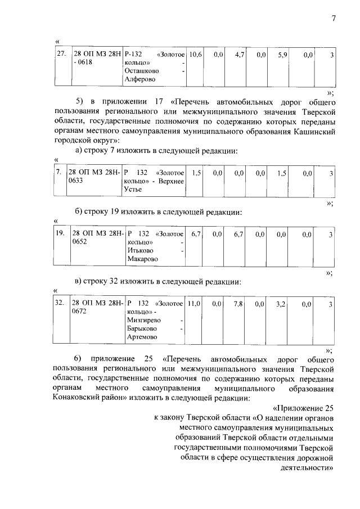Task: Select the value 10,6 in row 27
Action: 195,55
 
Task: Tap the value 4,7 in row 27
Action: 237,55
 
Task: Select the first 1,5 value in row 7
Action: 196,174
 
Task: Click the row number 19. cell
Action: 60,233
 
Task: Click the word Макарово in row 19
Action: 143,259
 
